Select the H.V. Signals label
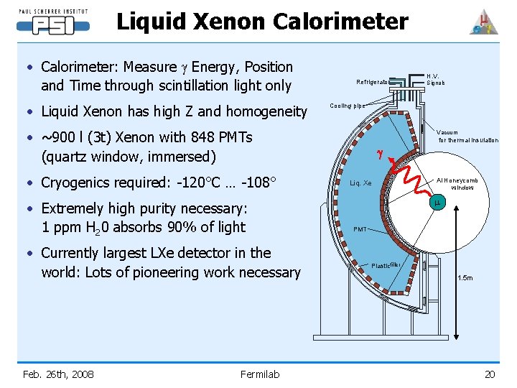435,79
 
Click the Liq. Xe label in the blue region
360,183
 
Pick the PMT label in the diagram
360,229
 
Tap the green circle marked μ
437,204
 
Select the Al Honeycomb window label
457,183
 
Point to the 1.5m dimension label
465,278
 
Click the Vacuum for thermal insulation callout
467,137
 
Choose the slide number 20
490,374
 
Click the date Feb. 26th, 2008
58,374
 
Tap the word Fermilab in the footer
260,374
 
